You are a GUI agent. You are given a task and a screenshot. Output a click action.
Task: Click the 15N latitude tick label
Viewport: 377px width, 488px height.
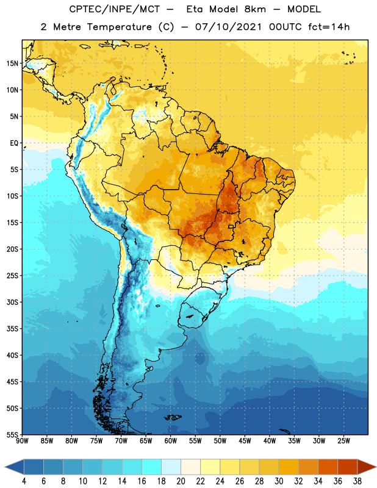point(12,63)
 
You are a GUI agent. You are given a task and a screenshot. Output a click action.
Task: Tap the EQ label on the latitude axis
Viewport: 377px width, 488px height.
point(14,143)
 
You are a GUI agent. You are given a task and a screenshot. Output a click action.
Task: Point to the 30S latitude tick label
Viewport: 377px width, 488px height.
point(12,302)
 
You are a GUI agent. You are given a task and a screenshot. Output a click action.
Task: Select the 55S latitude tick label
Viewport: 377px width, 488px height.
point(12,434)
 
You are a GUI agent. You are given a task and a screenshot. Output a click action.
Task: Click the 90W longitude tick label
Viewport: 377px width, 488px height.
point(22,441)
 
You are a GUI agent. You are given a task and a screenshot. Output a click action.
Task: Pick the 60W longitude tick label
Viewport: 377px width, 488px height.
point(171,441)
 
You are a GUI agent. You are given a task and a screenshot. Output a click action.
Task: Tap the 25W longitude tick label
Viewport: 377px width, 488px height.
point(343,441)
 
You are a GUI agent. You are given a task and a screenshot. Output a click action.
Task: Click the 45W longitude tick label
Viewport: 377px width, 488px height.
point(245,441)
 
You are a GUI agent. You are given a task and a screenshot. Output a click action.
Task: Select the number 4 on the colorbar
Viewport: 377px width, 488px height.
point(24,481)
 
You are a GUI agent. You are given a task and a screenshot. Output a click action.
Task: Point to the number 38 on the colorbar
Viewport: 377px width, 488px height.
point(357,481)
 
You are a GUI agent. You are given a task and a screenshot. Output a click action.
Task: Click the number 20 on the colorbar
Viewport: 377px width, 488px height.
point(181,481)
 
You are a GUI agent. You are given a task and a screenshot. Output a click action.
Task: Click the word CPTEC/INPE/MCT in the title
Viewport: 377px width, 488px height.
point(114,9)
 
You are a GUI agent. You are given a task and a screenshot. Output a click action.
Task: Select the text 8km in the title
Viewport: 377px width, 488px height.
point(255,9)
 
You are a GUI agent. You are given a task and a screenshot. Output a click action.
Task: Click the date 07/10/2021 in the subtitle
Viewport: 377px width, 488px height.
point(229,27)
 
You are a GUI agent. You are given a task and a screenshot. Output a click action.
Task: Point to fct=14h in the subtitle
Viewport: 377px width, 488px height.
point(329,27)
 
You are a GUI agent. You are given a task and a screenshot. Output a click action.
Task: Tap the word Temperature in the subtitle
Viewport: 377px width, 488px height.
point(119,27)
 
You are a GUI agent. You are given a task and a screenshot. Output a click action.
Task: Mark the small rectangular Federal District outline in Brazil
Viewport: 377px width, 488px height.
point(231,226)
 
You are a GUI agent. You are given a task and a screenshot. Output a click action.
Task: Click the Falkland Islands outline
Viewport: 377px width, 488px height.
point(173,417)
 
